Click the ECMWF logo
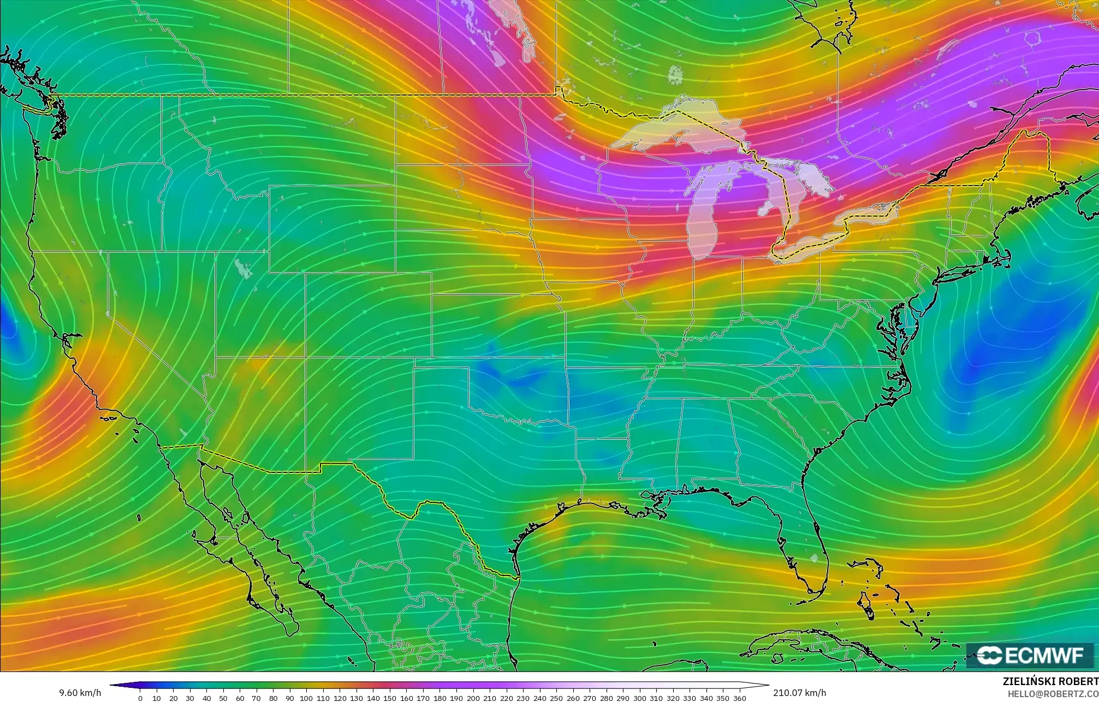(x=1030, y=655)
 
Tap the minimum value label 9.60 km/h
(x=80, y=693)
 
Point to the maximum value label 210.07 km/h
(x=799, y=693)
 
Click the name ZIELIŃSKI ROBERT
(x=1050, y=681)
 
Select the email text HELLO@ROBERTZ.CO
(x=1053, y=694)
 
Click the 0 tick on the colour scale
(x=140, y=698)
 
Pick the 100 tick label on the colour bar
(x=306, y=698)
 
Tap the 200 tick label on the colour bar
(x=473, y=698)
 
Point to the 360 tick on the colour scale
(x=739, y=698)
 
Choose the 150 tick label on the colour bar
(x=390, y=698)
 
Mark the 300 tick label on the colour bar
(x=639, y=698)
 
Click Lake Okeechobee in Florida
(x=815, y=559)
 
